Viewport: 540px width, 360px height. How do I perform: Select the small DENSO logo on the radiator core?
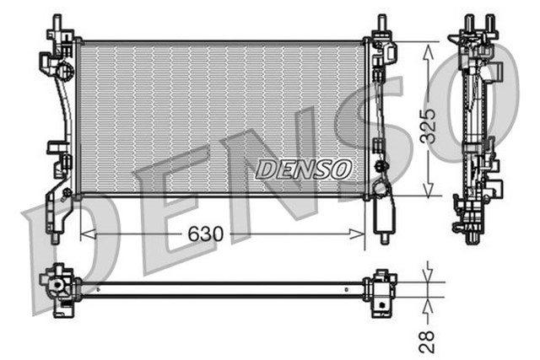303,169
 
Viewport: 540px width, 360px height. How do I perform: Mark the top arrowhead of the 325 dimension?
429,47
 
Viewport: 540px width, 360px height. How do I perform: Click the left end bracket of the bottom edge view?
61,288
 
